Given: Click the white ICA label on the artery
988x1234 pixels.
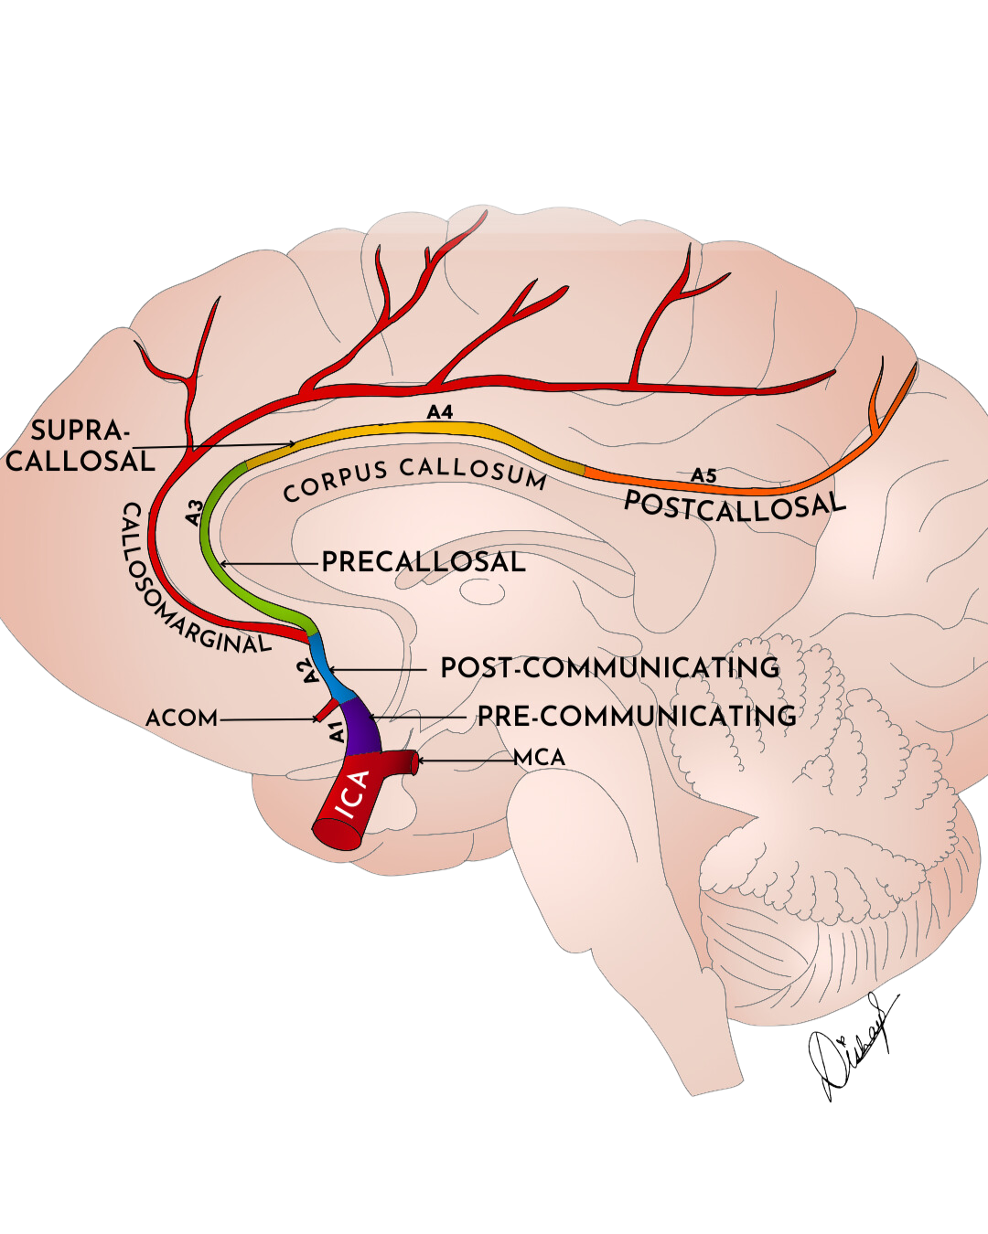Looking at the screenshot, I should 352,795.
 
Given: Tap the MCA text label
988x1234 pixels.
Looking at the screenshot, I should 539,758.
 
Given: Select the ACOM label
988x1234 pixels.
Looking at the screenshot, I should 182,718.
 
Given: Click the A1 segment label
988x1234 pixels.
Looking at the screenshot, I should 336,731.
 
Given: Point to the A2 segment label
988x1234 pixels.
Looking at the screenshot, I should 309,672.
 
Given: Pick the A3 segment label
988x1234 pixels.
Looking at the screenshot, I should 194,512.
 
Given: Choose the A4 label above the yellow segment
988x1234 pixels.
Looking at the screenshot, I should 440,412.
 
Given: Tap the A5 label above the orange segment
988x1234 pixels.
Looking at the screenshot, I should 703,475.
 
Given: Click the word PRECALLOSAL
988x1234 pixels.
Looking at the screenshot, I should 424,562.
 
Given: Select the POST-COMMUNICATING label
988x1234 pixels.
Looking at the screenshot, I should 610,668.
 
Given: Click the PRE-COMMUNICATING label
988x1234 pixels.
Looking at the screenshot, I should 637,716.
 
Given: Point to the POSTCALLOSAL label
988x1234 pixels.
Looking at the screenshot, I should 735,505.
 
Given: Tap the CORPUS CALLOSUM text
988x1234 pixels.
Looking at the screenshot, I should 414,478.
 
